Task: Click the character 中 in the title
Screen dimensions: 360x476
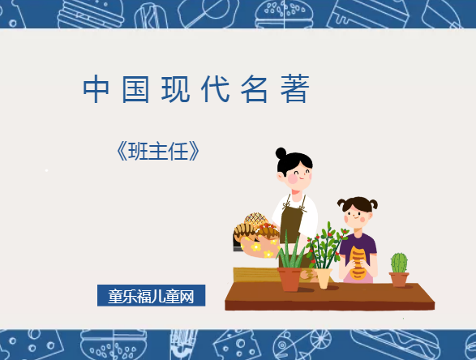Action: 96,90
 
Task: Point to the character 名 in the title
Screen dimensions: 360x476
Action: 255,90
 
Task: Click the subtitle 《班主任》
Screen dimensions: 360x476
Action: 157,152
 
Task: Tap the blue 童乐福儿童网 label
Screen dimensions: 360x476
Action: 151,295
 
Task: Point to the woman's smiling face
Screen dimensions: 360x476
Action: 296,173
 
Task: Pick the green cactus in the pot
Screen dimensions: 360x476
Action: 399,263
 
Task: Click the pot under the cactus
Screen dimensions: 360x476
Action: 399,279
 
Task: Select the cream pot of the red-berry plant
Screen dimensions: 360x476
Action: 324,278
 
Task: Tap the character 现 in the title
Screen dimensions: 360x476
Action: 174,90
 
